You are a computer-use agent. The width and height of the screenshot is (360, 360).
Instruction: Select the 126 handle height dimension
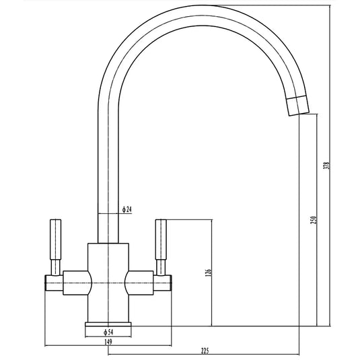click(x=209, y=272)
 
